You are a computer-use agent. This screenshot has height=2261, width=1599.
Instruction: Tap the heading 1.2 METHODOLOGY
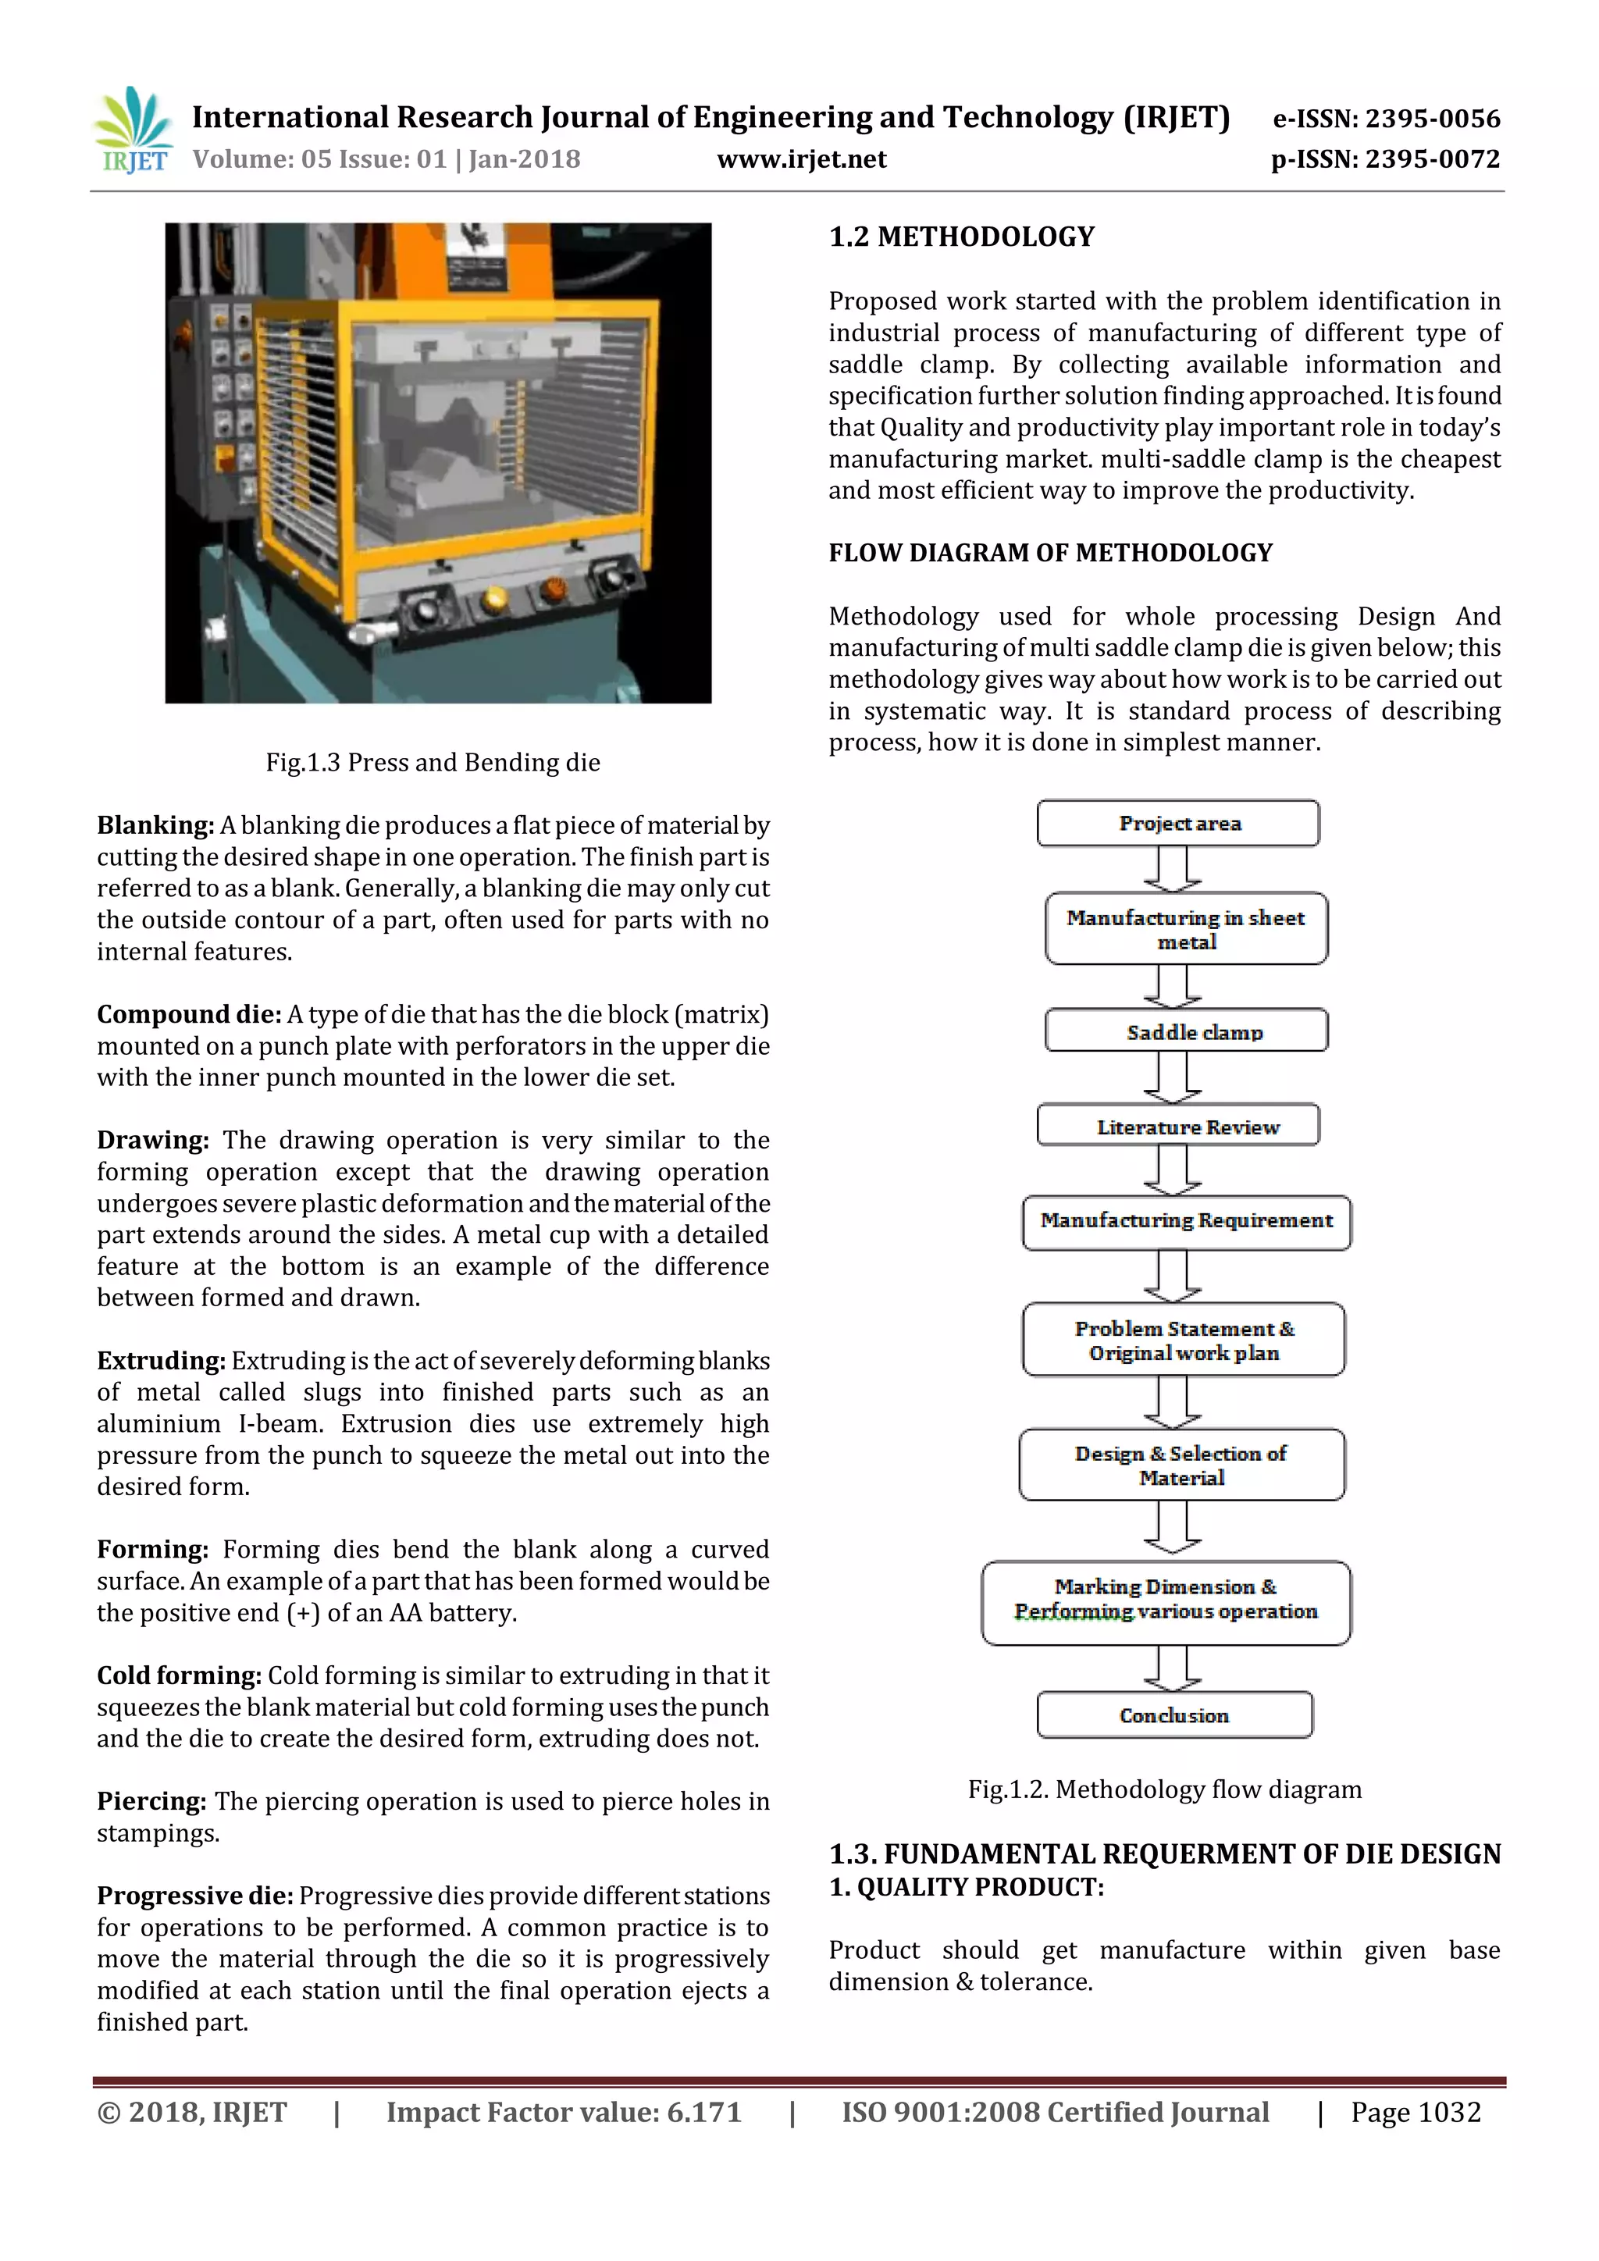961,237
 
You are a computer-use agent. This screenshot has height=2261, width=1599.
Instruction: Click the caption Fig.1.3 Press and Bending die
433,762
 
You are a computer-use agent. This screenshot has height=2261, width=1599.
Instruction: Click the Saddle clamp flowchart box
1187,1031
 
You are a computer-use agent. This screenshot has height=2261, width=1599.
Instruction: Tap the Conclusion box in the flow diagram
1173,1714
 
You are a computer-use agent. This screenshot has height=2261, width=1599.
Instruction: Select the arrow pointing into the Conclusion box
1172,1668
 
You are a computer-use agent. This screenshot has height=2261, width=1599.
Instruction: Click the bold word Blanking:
155,825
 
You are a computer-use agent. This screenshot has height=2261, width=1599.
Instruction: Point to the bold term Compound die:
189,1014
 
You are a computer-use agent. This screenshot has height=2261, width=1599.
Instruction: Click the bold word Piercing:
151,1801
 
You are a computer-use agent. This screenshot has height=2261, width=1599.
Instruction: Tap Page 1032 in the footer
1415,2113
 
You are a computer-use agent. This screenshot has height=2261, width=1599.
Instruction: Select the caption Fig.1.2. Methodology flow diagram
1164,1789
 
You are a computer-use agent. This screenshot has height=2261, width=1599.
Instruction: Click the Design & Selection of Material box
1181,1465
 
